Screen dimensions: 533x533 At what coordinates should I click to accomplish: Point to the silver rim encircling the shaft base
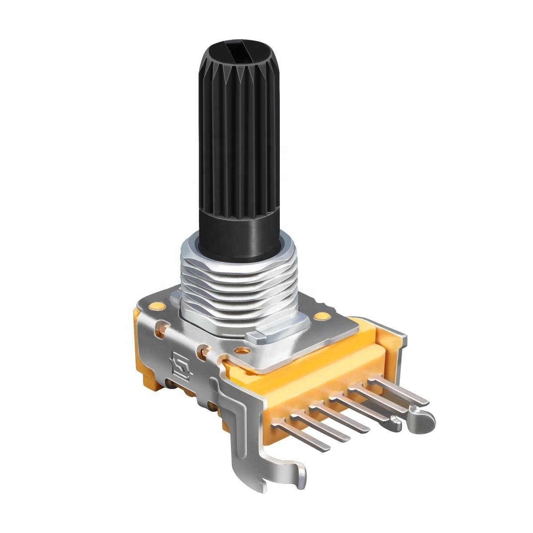(x=191, y=244)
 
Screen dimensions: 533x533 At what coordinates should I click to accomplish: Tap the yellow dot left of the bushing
(x=156, y=306)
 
